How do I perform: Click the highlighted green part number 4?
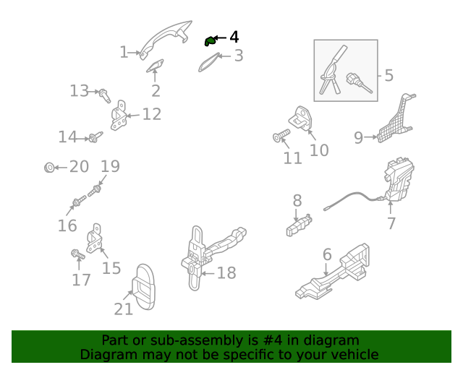[210, 41]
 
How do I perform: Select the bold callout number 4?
[234, 37]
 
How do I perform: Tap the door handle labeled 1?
[166, 39]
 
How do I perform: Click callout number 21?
[124, 309]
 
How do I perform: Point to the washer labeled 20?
[49, 168]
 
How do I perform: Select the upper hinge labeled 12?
[119, 116]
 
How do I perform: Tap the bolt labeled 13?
[104, 95]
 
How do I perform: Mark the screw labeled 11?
[281, 135]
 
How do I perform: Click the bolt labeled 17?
[77, 254]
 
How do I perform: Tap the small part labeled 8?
[299, 225]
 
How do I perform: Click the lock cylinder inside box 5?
[358, 82]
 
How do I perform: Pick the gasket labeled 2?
[155, 66]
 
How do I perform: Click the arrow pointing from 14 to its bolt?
[82, 138]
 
